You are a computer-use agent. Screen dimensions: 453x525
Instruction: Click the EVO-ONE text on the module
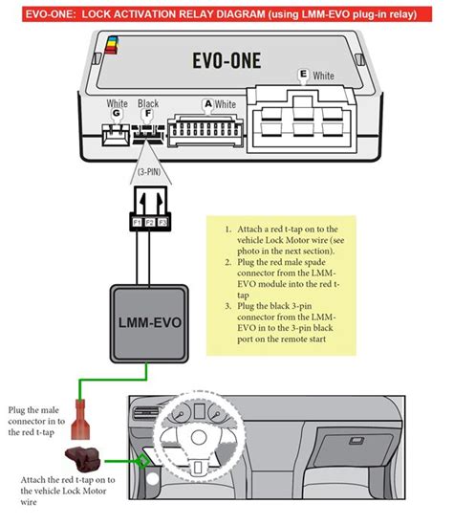click(226, 60)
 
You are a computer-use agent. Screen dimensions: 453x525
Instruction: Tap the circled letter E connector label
click(303, 74)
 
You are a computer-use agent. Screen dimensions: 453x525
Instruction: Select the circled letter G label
click(116, 113)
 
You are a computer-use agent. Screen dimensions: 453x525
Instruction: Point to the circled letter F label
click(147, 114)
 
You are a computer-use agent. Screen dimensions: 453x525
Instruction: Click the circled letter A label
click(208, 104)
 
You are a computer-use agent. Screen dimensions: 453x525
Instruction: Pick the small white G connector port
click(116, 135)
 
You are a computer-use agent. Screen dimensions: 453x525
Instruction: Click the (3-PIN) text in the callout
click(149, 172)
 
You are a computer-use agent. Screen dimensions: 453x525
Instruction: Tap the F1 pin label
click(138, 222)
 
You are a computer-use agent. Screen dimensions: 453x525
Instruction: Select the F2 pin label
click(149, 222)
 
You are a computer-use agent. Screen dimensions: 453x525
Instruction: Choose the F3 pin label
click(162, 222)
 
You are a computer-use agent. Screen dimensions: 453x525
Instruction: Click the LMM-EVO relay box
click(149, 323)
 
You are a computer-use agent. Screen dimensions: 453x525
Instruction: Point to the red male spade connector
click(80, 420)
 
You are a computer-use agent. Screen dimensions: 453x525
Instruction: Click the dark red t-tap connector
click(83, 459)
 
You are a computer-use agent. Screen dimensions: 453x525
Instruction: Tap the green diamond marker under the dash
click(143, 462)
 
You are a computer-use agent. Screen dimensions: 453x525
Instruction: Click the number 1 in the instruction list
click(227, 230)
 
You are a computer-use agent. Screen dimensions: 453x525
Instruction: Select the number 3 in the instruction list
click(227, 306)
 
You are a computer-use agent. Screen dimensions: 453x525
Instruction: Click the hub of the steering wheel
click(199, 437)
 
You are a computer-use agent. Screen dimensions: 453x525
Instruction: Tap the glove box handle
click(356, 441)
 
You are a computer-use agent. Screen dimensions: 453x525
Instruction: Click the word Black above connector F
click(148, 103)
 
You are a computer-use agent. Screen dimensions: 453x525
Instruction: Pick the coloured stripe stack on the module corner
click(112, 45)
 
